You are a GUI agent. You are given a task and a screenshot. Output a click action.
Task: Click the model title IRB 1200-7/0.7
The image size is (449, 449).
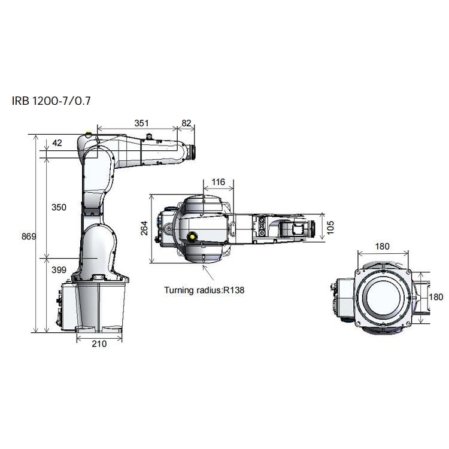click(x=51, y=100)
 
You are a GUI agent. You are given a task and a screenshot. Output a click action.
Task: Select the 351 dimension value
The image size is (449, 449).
click(x=141, y=123)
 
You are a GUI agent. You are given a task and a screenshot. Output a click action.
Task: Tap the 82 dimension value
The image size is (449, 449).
click(x=186, y=123)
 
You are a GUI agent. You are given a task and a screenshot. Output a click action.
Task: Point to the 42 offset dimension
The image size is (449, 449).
click(x=57, y=142)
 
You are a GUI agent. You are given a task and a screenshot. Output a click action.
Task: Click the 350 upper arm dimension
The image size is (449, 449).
click(x=59, y=207)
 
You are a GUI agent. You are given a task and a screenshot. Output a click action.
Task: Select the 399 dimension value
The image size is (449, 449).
click(x=59, y=270)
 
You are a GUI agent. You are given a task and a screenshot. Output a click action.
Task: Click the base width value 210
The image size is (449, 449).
click(x=99, y=344)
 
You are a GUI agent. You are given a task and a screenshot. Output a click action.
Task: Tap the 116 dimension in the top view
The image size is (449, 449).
click(x=219, y=182)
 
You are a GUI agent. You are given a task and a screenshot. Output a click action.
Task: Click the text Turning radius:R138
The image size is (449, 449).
click(x=205, y=290)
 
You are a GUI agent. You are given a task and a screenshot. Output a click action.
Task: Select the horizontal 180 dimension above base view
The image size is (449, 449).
click(x=383, y=246)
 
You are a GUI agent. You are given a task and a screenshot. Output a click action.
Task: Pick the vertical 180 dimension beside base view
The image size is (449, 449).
click(x=436, y=297)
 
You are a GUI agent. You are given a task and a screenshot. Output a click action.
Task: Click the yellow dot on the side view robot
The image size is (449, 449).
click(x=89, y=135)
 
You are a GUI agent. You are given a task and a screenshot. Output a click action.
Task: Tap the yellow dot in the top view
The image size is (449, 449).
click(x=193, y=236)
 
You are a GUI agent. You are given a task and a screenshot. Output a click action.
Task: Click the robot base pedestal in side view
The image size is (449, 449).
click(x=99, y=305)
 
